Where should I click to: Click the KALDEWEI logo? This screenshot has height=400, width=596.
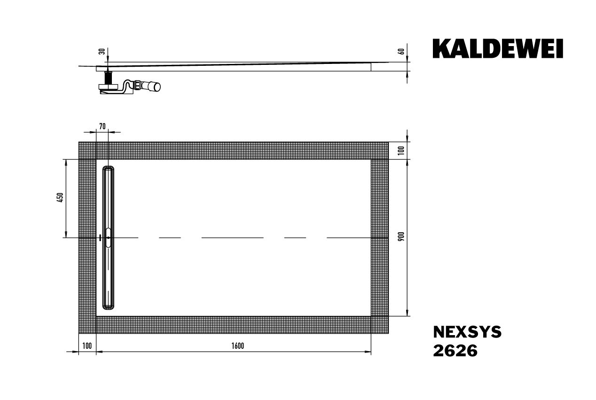click(498, 49)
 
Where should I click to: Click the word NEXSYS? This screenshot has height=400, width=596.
click(467, 332)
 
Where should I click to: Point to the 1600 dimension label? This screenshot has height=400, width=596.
click(237, 346)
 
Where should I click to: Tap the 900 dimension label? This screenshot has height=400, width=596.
click(401, 237)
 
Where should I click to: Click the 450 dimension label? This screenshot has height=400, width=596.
click(59, 198)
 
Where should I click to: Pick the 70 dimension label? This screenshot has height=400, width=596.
click(102, 126)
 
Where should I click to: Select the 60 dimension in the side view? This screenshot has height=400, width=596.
click(401, 51)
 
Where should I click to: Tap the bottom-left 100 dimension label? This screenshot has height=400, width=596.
click(86, 346)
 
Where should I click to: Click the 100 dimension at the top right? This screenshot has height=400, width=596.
click(401, 150)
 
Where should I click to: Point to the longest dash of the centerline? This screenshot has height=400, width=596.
click(232, 238)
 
